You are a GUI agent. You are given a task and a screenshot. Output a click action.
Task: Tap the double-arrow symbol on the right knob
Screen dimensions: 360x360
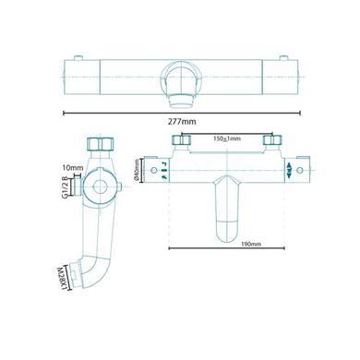(x=293, y=168)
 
